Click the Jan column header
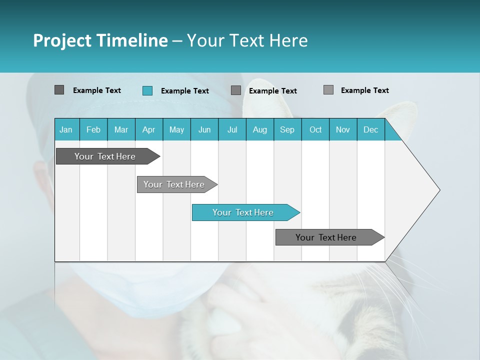66,129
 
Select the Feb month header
93,129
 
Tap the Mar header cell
121,129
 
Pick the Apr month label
149,129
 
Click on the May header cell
176,129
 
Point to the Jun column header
204,129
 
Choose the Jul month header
232,129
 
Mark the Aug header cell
260,129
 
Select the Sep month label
287,129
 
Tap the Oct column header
315,129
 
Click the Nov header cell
343,129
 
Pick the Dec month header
370,129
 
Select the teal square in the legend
147,90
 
